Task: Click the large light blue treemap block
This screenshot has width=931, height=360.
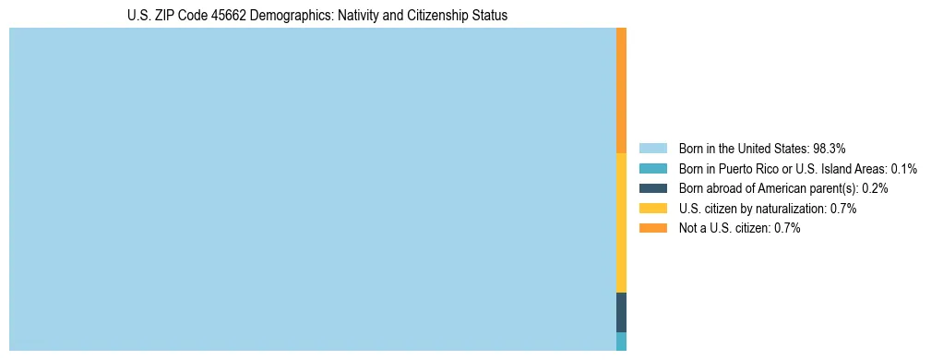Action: (312, 189)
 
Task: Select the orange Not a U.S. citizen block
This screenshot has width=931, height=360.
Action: (621, 90)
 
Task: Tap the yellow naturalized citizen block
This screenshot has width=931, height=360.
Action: (621, 222)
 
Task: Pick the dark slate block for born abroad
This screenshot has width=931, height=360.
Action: (621, 312)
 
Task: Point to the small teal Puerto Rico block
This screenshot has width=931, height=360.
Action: (621, 342)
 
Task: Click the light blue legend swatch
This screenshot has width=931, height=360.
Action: (652, 148)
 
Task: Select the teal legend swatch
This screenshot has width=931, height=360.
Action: (652, 168)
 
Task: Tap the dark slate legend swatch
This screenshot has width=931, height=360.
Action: (652, 188)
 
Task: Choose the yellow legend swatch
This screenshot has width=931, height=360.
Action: (652, 209)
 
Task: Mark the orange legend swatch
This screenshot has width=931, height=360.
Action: (652, 228)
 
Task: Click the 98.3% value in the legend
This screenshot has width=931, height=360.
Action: (830, 148)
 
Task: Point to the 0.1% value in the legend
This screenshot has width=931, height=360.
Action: (903, 168)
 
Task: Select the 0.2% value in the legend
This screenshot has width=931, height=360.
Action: (875, 188)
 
